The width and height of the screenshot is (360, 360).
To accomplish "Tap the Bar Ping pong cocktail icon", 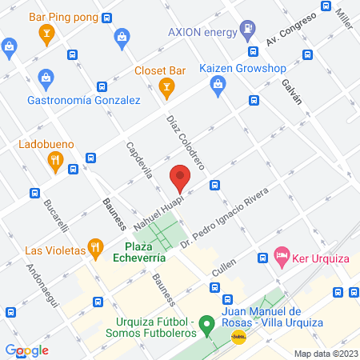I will point(46,33).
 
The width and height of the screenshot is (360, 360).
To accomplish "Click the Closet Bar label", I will point(160,70).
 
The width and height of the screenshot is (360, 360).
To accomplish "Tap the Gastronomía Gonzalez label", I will point(84,100).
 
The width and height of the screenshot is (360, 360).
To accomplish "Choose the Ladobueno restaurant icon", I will point(54,162).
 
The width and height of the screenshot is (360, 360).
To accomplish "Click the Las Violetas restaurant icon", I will point(94,249).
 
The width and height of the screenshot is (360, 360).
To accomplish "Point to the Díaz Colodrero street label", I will point(186,142).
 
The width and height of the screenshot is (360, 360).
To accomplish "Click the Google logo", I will point(27,350).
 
